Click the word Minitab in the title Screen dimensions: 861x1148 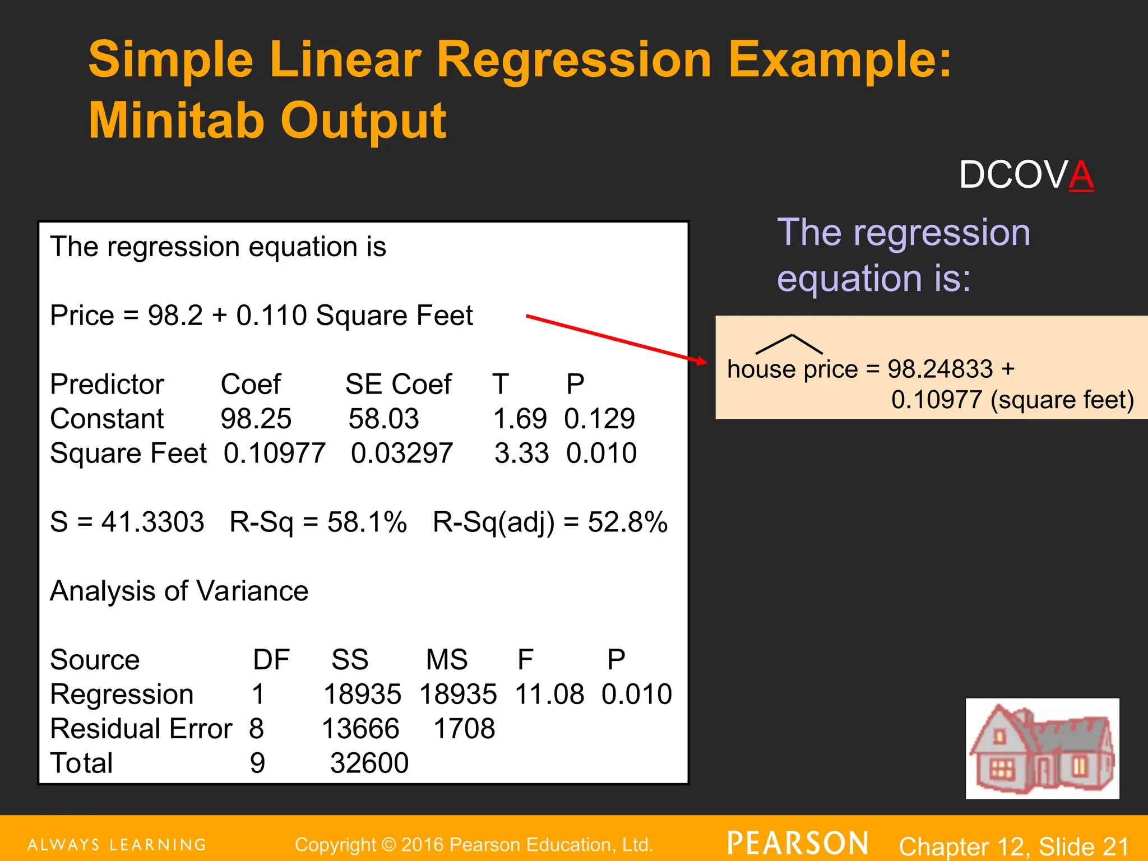(x=177, y=120)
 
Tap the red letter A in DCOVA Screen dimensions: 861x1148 (x=1081, y=175)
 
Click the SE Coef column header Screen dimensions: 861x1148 (x=398, y=385)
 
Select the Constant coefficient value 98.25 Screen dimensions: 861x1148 (x=256, y=419)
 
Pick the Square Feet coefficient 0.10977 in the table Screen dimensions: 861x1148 (x=274, y=453)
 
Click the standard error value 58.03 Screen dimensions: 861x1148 (x=383, y=419)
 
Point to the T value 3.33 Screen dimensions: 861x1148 (x=521, y=453)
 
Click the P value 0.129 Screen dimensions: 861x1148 (x=599, y=419)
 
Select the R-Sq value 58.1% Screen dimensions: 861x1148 (x=367, y=522)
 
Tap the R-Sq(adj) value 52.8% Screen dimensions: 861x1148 (x=627, y=522)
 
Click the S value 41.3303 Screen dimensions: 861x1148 (x=152, y=522)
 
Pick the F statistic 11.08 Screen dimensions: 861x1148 (x=549, y=694)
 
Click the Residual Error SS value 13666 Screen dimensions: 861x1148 (x=360, y=729)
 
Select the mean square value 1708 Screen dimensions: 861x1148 (x=464, y=729)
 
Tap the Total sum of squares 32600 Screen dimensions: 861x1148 (x=369, y=763)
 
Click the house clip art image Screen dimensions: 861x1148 (x=1042, y=748)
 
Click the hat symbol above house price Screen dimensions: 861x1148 (x=789, y=344)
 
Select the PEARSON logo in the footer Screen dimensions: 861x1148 (x=798, y=844)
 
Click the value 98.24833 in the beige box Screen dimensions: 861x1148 (x=940, y=369)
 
